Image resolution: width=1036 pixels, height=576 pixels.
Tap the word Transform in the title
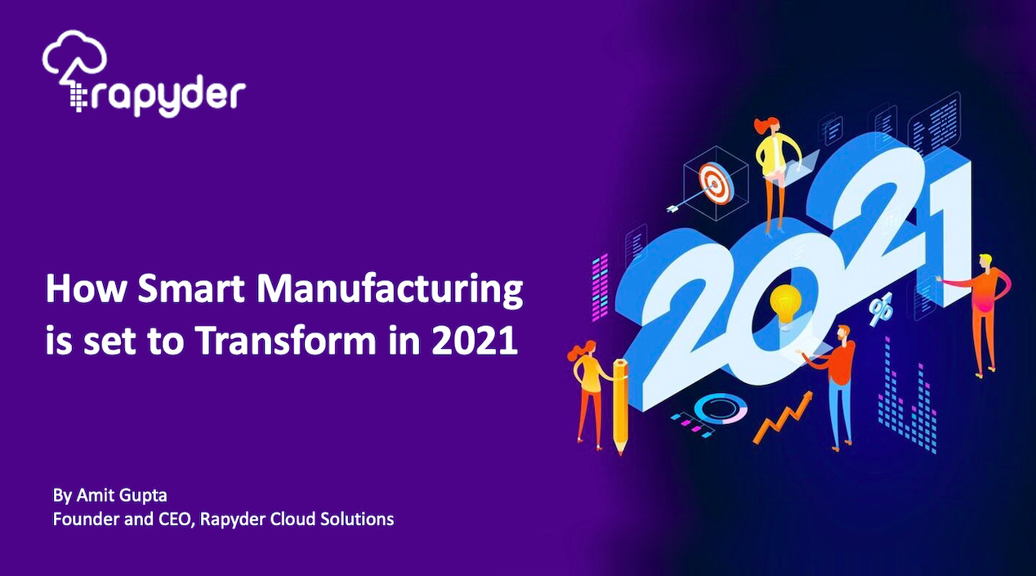point(288,341)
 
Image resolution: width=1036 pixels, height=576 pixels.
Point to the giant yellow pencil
point(618,404)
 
